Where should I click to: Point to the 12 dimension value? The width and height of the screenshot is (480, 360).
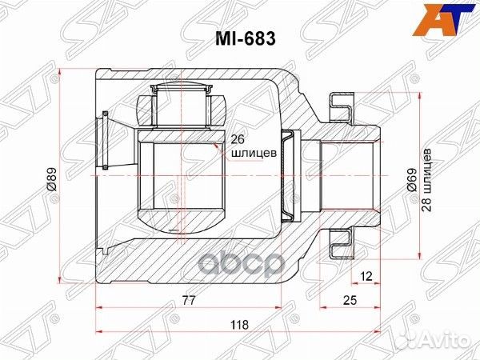tap(366, 276)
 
